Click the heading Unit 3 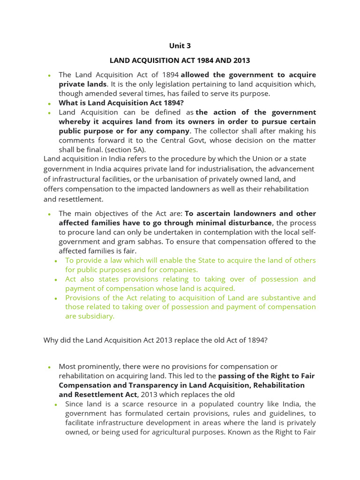180,46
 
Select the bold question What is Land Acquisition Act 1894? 121,103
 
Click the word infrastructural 77,179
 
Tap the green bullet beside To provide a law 56,261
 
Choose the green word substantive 275,298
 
